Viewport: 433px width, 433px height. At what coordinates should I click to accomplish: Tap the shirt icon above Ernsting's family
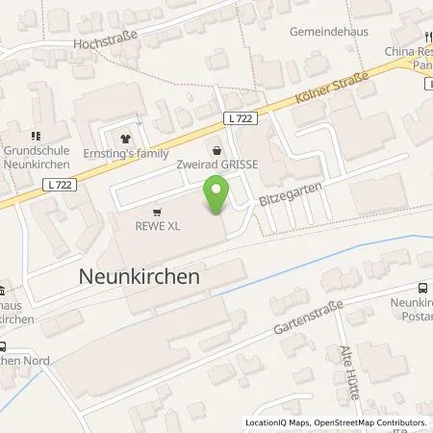121,139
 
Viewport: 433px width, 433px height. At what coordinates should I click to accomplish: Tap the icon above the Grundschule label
36,136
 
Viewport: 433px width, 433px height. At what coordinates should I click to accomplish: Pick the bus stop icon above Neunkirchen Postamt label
422,288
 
